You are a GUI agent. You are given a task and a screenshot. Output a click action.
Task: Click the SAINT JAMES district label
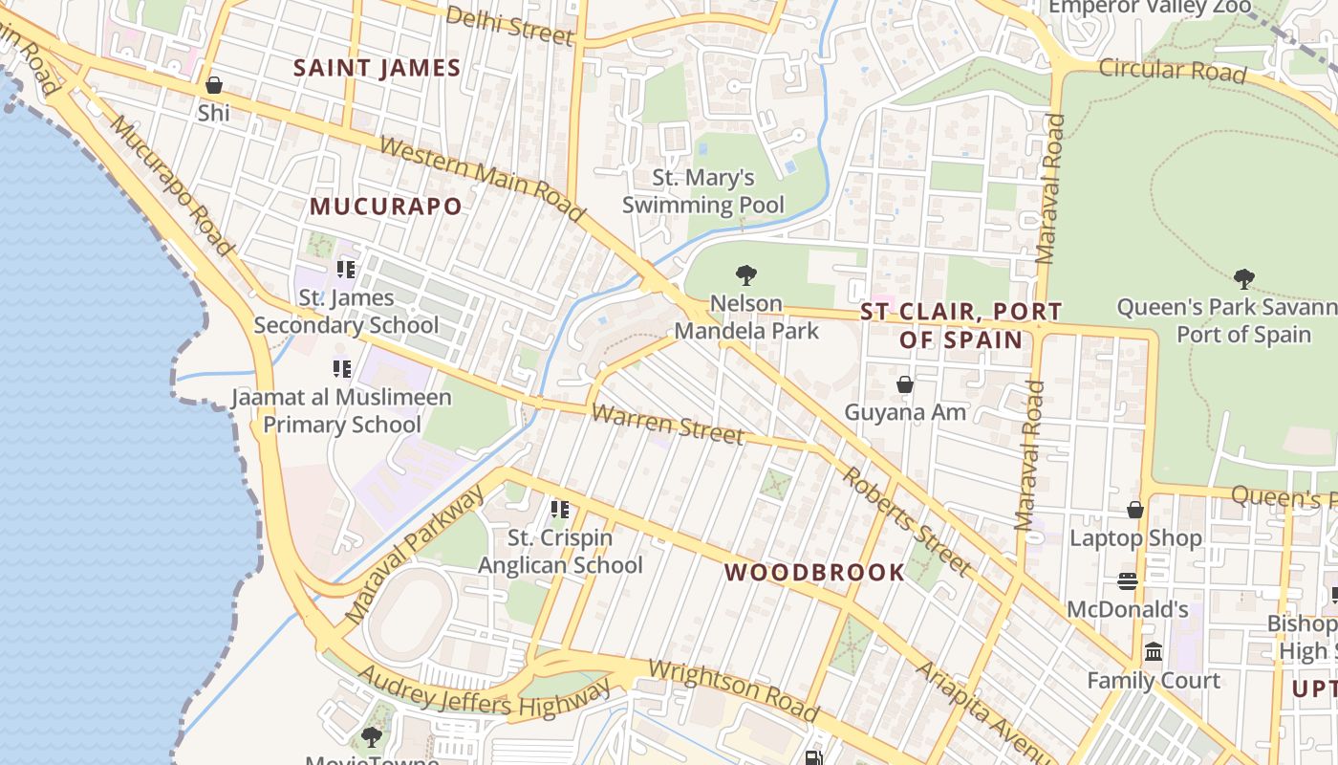click(377, 68)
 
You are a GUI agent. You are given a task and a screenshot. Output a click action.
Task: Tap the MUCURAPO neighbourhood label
click(385, 207)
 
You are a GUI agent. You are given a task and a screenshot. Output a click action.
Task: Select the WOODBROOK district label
click(814, 573)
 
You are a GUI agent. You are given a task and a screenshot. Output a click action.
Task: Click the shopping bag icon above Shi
click(214, 86)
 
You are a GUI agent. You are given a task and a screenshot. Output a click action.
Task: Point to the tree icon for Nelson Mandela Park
click(746, 276)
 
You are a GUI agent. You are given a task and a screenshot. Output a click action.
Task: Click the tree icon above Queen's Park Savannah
click(1243, 279)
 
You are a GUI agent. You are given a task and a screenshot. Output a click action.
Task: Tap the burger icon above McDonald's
click(1128, 581)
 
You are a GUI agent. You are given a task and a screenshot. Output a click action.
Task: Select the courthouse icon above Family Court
click(1154, 652)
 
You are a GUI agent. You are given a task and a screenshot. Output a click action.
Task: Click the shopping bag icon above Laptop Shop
click(1135, 510)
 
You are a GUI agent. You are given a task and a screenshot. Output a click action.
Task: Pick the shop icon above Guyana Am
click(904, 384)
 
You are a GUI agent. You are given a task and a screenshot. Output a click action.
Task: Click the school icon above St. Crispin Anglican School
click(560, 510)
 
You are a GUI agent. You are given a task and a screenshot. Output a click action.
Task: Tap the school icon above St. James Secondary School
click(345, 270)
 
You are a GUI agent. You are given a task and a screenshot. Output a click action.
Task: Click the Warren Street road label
click(667, 424)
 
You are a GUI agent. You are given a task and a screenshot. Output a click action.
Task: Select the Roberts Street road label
click(907, 522)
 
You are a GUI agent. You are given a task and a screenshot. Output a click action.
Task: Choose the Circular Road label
click(1172, 70)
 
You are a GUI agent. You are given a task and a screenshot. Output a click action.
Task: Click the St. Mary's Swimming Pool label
click(703, 191)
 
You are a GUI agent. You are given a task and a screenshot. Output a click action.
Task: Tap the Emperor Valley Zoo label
click(1150, 8)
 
